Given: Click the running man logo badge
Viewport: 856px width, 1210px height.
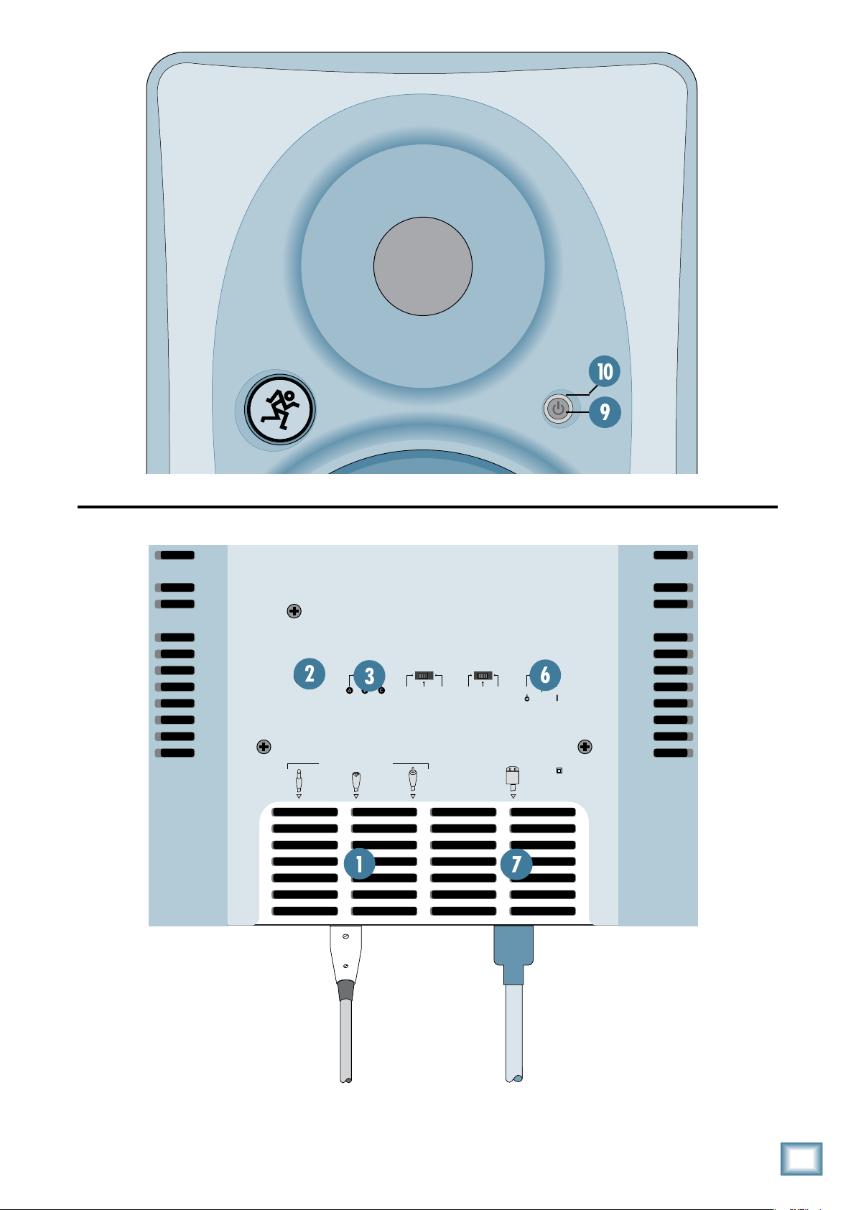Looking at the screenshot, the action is pyautogui.click(x=280, y=409).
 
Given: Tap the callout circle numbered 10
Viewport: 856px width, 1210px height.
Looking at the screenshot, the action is pyautogui.click(x=605, y=371).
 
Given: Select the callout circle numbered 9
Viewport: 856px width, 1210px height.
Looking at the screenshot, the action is pyautogui.click(x=605, y=411).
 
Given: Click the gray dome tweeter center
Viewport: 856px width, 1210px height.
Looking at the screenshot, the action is pyautogui.click(x=423, y=266).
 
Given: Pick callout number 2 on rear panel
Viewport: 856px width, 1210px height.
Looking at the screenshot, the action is pyautogui.click(x=310, y=674).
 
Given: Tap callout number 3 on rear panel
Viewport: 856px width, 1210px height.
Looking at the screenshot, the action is pyautogui.click(x=369, y=675).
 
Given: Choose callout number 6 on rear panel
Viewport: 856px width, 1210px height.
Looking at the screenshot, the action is pyautogui.click(x=545, y=675).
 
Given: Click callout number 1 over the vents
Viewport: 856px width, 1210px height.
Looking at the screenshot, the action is pyautogui.click(x=360, y=863).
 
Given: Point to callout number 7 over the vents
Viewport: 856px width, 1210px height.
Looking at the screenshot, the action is pyautogui.click(x=516, y=863).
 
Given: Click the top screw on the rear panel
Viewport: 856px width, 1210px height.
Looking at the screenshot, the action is pyautogui.click(x=294, y=611).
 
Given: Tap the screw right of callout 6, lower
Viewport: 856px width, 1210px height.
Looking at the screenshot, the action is pyautogui.click(x=585, y=747).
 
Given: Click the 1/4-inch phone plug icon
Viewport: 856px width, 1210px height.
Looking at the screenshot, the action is pyautogui.click(x=299, y=780).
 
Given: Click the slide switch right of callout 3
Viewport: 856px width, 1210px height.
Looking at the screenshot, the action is pyautogui.click(x=424, y=675).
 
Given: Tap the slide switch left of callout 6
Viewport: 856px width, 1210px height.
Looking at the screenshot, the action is pyautogui.click(x=483, y=675).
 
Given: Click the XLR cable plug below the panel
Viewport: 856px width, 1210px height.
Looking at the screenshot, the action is pyautogui.click(x=345, y=962).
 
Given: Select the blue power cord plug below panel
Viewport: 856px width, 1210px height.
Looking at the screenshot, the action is pyautogui.click(x=513, y=954).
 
